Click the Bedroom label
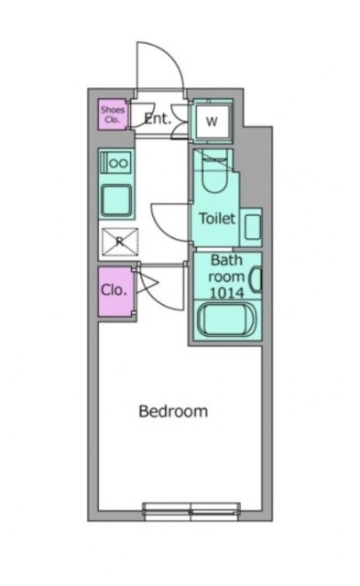click(173, 411)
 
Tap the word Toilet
click(217, 218)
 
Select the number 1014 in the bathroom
click(226, 293)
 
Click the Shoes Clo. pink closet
click(112, 114)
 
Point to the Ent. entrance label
click(158, 119)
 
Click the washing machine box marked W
click(212, 121)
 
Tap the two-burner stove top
click(115, 161)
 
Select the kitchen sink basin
click(116, 201)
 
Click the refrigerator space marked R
click(120, 242)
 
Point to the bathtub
click(226, 320)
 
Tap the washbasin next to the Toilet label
click(253, 227)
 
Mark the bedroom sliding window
click(191, 511)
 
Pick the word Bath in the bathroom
click(226, 260)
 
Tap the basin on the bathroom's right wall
click(256, 278)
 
